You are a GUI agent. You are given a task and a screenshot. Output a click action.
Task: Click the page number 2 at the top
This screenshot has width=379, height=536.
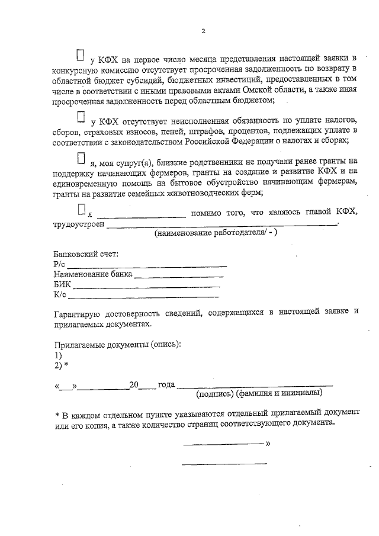[202, 31]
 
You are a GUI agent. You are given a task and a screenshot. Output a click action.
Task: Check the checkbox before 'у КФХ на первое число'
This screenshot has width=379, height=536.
[81, 55]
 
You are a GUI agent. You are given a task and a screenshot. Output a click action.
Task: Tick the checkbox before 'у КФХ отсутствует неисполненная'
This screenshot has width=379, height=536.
[81, 115]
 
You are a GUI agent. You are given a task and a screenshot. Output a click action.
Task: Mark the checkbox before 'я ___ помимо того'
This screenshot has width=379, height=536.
[81, 208]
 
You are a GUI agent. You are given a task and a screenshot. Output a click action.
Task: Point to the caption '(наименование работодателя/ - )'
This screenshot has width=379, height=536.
[216, 233]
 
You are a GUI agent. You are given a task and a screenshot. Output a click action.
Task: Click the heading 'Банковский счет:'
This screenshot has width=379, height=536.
[85, 254]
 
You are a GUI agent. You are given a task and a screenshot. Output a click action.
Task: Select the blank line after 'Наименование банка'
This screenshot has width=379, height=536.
[179, 275]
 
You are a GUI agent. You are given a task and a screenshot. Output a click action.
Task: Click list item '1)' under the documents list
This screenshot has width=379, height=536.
[57, 355]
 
